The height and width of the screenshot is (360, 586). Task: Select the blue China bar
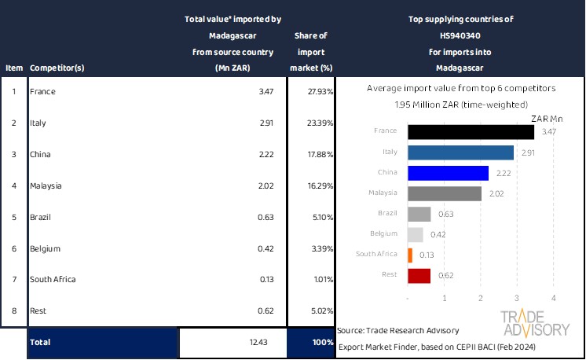click(x=448, y=173)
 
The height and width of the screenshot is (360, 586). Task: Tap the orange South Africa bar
click(x=410, y=255)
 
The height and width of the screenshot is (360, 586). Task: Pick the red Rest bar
click(x=419, y=275)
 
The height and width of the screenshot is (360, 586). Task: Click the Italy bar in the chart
click(x=460, y=152)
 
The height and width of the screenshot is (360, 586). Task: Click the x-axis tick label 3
click(x=517, y=298)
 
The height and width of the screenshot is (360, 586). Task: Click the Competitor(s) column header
click(x=57, y=68)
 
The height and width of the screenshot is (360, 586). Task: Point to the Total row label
click(x=39, y=343)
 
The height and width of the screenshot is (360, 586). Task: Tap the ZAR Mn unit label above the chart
click(x=547, y=118)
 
